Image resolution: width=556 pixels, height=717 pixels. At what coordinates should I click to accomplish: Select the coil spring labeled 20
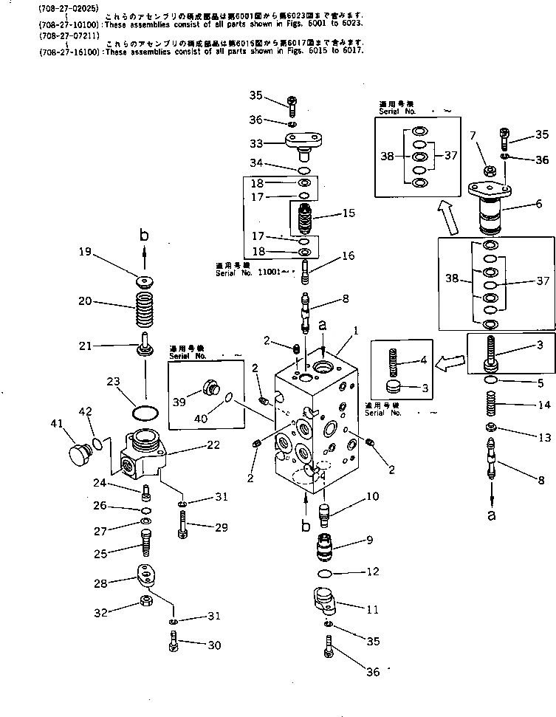pos(145,305)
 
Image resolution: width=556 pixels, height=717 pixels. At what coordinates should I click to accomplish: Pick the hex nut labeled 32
pos(146,600)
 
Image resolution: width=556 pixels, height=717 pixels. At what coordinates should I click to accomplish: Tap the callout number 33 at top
pos(255,143)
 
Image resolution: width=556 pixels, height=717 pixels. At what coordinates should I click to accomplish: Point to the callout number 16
pos(348,256)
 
